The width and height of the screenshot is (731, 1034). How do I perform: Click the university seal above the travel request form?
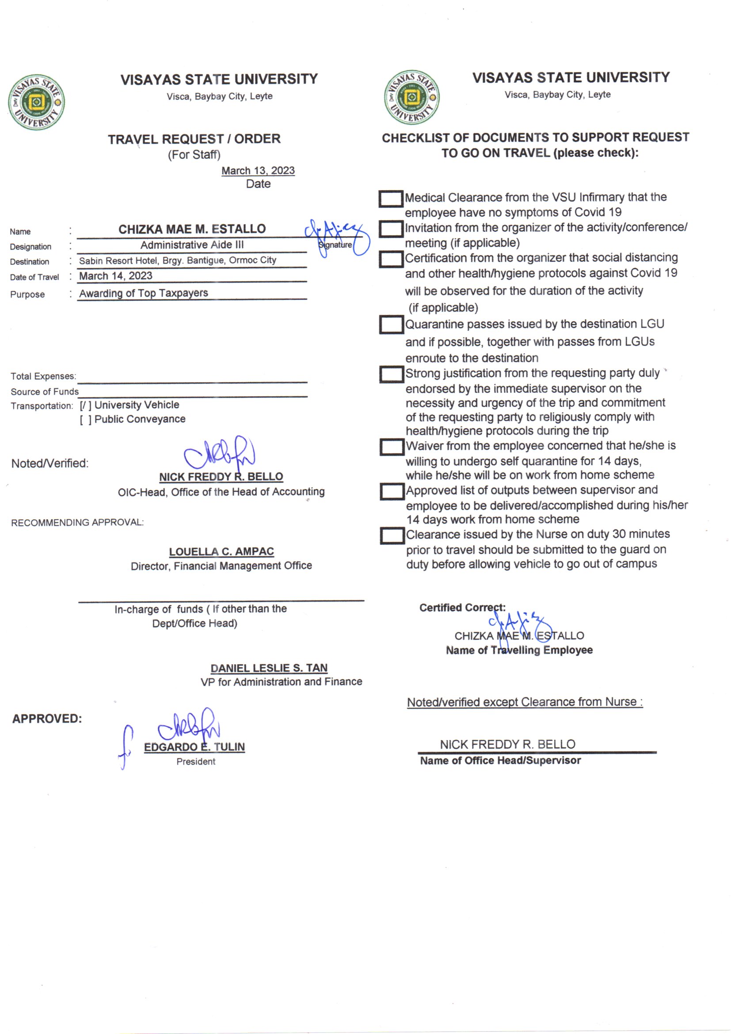36,102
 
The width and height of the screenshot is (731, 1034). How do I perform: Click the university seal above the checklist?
411,97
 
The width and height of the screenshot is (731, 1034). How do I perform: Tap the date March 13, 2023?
258,171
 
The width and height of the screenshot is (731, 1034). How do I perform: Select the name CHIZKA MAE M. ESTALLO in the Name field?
192,229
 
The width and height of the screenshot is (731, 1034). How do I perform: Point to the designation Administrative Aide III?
192,245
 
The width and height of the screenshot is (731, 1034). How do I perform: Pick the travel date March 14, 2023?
116,276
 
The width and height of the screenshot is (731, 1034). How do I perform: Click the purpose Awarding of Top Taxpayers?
144,293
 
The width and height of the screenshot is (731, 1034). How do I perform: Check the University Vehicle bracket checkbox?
86,405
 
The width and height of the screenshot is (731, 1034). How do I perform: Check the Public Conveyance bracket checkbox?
86,420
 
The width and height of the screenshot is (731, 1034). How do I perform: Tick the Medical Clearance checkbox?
390,199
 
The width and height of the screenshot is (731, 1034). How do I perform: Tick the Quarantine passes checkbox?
391,325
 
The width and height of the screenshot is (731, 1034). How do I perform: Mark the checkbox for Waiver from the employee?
391,447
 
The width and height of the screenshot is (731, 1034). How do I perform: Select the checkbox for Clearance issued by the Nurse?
392,536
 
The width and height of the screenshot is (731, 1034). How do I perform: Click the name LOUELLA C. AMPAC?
221,551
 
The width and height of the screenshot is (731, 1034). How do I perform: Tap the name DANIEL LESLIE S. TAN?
269,668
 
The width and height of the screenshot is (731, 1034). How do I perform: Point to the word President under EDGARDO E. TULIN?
196,761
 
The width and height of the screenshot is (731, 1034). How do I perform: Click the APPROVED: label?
47,719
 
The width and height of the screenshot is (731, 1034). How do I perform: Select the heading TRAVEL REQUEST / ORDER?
194,139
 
